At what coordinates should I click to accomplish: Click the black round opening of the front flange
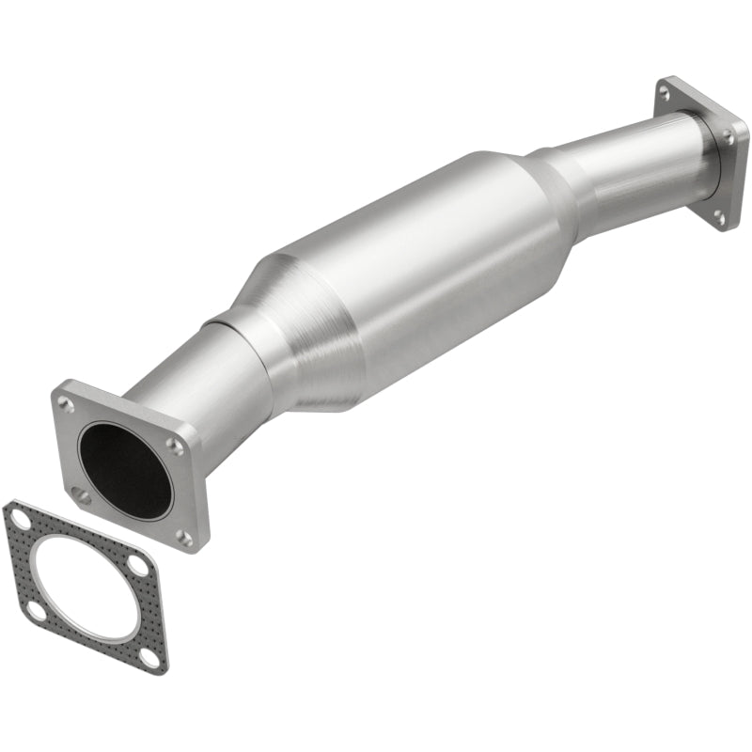[126, 468]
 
